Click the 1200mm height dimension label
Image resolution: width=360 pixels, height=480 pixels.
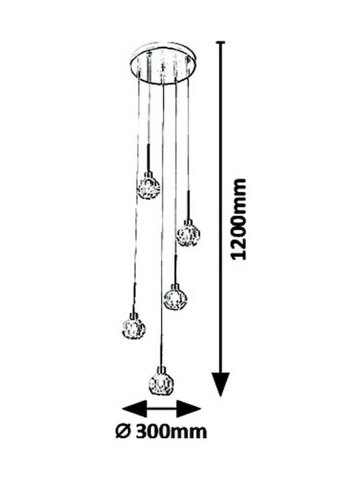pyautogui.click(x=239, y=219)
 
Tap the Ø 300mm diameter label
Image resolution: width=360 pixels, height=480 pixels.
pyautogui.click(x=161, y=431)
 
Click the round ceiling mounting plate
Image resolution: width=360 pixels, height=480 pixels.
pyautogui.click(x=163, y=63)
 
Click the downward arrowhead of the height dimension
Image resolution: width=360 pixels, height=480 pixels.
pyautogui.click(x=221, y=383)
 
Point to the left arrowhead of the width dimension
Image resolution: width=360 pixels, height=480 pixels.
pyautogui.click(x=135, y=409)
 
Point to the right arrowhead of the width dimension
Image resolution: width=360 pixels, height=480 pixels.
pyautogui.click(x=189, y=409)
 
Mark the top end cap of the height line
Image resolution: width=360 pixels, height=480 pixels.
pyautogui.click(x=221, y=41)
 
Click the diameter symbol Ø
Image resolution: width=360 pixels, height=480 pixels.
pyautogui.click(x=123, y=431)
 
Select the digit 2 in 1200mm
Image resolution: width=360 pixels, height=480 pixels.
pyautogui.click(x=239, y=243)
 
